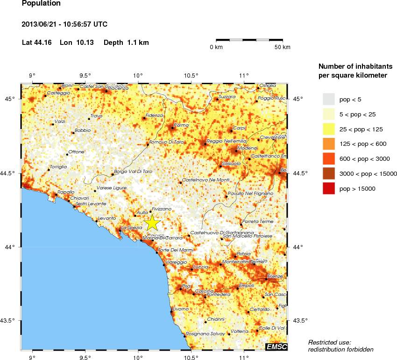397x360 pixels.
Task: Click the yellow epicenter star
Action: coord(152,223)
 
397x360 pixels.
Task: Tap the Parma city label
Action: coord(181,125)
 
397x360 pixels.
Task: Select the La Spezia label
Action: coord(132,228)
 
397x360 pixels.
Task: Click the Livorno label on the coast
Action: coord(180,309)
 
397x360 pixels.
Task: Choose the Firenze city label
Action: coord(274,276)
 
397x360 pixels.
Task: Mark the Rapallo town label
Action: coord(65,192)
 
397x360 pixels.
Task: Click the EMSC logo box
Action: coord(276,346)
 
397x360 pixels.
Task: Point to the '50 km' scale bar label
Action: coord(282,47)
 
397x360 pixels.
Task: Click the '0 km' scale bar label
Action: coord(216,47)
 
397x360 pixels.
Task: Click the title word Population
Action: coord(41,4)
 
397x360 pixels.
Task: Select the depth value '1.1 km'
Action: coord(138,43)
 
